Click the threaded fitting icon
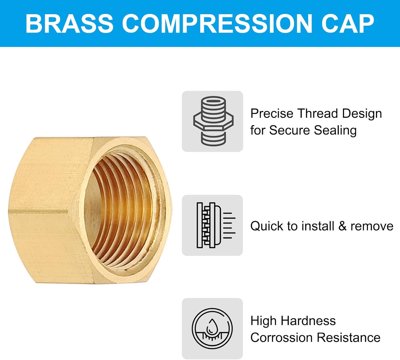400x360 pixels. (213, 121)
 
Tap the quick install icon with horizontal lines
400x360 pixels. (216, 225)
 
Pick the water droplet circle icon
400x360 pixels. (212, 328)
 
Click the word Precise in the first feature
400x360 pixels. (272, 114)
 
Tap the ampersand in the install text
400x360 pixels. (342, 226)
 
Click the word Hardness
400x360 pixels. (308, 321)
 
